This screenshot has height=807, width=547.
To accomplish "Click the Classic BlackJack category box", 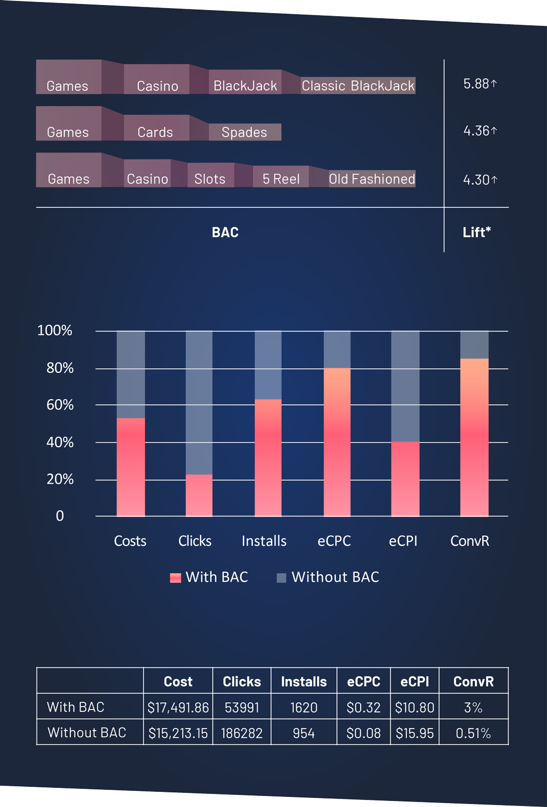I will click(x=358, y=86).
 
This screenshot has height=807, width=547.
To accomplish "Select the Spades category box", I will click(x=245, y=132).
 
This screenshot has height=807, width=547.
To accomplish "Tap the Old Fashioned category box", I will click(x=372, y=179).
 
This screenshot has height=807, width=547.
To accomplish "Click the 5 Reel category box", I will click(x=281, y=178).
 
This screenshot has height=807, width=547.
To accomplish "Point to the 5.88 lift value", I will click(x=480, y=83).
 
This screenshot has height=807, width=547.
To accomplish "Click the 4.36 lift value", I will click(x=480, y=131).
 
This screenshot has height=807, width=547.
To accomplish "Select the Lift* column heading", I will click(x=477, y=232).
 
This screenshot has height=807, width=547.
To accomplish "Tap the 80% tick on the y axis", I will click(x=60, y=368).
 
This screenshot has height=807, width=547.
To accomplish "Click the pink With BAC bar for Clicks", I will click(x=199, y=495).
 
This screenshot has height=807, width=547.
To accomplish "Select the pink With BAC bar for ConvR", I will click(x=474, y=437).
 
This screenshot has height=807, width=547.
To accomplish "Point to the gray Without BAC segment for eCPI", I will click(x=405, y=386).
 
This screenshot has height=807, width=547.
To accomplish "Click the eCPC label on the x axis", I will click(x=334, y=541).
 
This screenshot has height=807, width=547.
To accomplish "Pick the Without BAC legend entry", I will click(x=328, y=577).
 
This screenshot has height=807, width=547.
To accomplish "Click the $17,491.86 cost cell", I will click(x=178, y=707).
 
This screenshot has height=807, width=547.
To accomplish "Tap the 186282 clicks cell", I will click(x=242, y=733).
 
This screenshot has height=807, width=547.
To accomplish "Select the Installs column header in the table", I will click(x=304, y=682).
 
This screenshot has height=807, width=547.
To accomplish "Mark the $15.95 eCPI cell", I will click(x=415, y=733).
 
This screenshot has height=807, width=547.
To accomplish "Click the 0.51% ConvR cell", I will click(x=474, y=733).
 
